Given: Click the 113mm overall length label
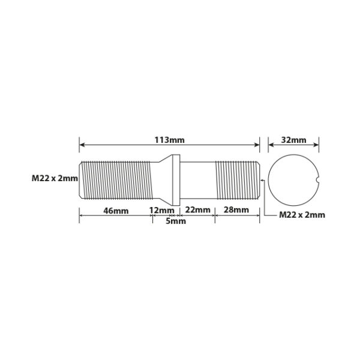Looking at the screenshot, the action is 169,140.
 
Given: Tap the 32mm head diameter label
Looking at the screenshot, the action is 293,140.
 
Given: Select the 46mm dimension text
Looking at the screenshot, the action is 116,211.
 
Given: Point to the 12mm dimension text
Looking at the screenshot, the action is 162,210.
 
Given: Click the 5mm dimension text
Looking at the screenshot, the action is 176,221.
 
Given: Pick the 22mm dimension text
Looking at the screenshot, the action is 197,209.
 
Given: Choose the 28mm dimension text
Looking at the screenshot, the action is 236,209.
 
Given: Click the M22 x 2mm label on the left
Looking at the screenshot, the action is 55,178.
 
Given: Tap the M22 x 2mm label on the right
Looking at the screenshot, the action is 302,215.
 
